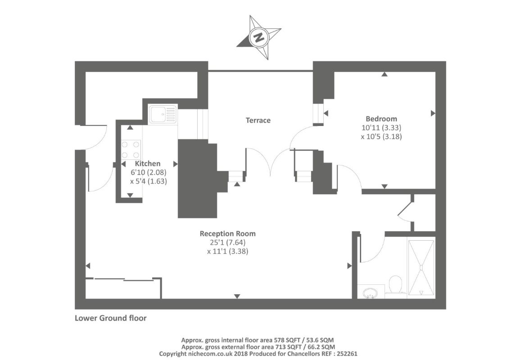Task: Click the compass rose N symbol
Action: (259, 37)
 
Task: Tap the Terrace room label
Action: (258, 120)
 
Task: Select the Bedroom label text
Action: (381, 119)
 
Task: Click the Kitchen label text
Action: (148, 163)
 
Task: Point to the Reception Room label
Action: (228, 234)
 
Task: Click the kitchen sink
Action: (163, 114)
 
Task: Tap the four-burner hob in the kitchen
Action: (131, 149)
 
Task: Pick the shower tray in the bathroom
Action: (421, 268)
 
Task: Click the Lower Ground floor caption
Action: (111, 318)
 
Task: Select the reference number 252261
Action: (346, 354)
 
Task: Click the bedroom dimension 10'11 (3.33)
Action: (381, 127)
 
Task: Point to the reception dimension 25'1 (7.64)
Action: (228, 243)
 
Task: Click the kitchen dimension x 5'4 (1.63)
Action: (149, 181)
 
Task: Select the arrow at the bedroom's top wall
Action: (384, 75)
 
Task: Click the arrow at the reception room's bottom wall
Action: (237, 296)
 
